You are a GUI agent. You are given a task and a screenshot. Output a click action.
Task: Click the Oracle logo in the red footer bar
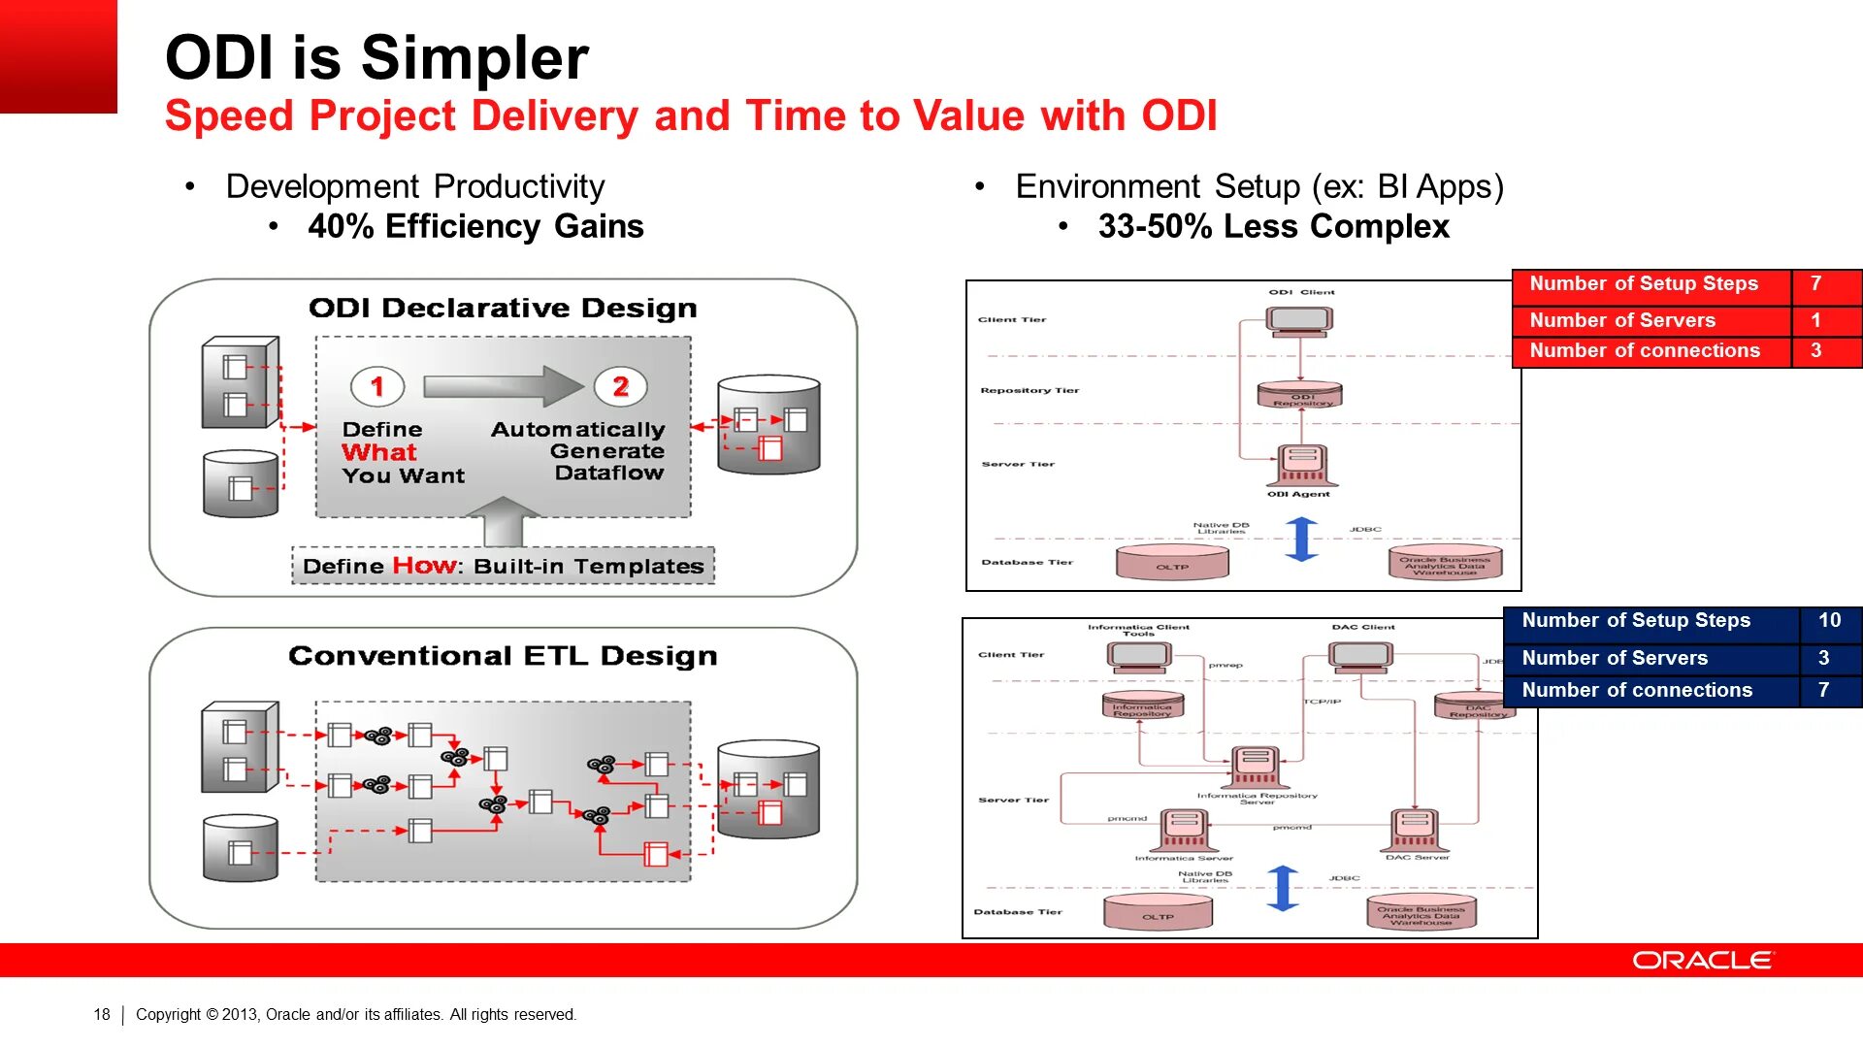1703,960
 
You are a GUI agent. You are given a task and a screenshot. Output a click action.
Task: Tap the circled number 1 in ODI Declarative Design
377,386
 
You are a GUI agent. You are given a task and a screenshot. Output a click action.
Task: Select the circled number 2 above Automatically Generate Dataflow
621,386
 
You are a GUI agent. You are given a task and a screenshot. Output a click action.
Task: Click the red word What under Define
378,452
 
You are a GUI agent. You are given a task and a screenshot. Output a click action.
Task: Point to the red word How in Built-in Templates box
424,566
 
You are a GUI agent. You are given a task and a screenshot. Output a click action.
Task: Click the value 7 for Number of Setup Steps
1815,283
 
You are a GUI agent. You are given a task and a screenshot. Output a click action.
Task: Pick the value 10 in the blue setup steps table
1829,620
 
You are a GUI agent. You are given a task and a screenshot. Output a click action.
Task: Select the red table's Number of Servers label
1622,320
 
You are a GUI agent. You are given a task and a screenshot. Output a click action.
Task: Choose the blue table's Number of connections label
1637,690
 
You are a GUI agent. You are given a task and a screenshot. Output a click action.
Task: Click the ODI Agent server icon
1302,466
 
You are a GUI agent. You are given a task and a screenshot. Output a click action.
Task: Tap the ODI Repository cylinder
1301,395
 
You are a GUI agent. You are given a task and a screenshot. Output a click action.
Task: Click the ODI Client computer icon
1299,320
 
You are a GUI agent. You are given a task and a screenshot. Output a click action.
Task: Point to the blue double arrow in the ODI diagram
1301,539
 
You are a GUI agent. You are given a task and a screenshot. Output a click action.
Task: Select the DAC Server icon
1415,831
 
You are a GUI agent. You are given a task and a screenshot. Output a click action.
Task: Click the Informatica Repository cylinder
1142,704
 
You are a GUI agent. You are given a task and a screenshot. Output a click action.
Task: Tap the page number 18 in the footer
102,1014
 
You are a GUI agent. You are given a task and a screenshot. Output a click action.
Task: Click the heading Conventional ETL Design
503,656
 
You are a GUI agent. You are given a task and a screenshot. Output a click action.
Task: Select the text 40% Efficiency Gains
475,226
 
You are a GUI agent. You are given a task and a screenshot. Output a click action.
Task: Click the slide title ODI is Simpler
376,57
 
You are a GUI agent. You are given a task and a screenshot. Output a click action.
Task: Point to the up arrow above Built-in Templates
503,521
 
